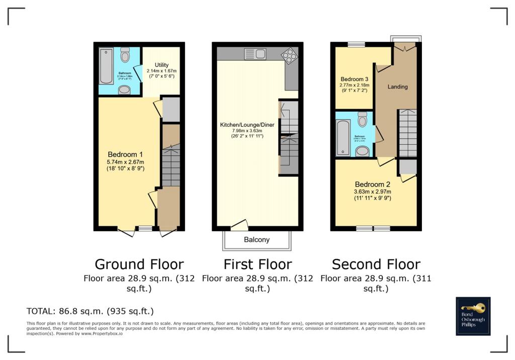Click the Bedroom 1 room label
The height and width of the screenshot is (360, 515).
[x=125, y=154]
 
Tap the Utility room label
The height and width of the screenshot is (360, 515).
[x=161, y=65]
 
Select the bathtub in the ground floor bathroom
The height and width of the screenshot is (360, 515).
[x=106, y=66]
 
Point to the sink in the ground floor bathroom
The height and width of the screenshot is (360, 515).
[x=124, y=90]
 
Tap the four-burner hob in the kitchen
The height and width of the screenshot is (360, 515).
[x=290, y=55]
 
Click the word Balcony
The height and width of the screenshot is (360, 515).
[x=256, y=240]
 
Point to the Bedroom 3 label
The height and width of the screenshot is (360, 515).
[x=354, y=79]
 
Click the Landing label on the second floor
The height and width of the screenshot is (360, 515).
[x=397, y=86]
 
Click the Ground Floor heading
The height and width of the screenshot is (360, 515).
[x=139, y=264]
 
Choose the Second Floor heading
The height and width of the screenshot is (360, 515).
[x=376, y=264]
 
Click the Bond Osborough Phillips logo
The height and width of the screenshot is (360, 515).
[x=473, y=316]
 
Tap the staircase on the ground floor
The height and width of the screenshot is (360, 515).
[x=171, y=166]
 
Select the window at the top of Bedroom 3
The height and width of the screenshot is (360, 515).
[x=357, y=45]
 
